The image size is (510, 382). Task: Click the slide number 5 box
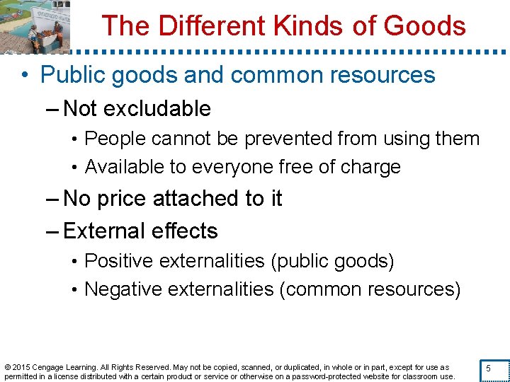[x=488, y=369]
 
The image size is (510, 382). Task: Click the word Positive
[x=119, y=261]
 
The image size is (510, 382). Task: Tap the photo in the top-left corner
[x=35, y=26]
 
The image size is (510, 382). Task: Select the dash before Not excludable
[x=54, y=109]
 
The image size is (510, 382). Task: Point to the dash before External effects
[x=54, y=231]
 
